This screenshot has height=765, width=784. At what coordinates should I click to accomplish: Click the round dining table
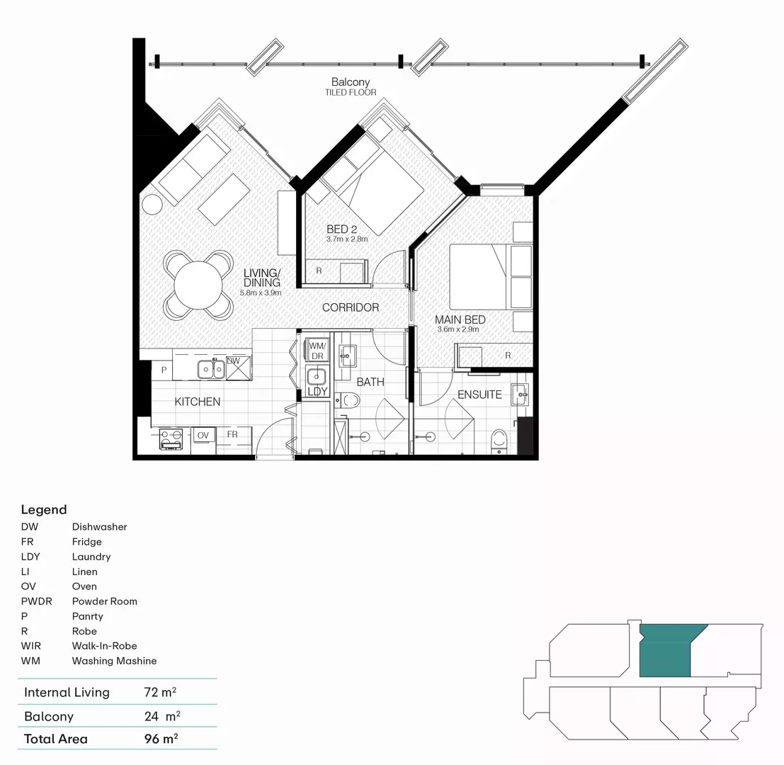tap(198, 285)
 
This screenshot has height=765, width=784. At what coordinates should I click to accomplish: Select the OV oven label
tap(203, 434)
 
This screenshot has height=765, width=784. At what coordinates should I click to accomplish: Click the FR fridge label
tap(232, 434)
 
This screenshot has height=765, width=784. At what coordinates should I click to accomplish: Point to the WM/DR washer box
tap(315, 350)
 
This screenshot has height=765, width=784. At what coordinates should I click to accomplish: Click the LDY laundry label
tap(317, 391)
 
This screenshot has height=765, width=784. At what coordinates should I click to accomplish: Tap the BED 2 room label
tap(342, 229)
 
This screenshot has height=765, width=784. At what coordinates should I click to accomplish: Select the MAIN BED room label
tap(460, 320)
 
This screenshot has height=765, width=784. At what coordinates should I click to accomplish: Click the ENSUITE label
tap(479, 395)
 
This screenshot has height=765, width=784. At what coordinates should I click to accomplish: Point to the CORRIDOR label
tap(351, 307)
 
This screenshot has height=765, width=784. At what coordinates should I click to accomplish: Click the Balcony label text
tap(351, 82)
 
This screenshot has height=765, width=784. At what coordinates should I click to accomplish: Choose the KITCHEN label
tap(198, 402)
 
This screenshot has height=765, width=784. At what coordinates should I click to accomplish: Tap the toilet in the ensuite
tap(500, 438)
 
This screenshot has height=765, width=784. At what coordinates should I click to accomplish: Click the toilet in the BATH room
tap(348, 401)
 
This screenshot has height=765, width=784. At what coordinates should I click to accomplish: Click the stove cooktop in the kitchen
tap(171, 438)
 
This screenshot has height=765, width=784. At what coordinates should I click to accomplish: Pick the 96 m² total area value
tap(161, 739)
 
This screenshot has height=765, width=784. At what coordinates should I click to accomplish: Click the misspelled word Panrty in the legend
tap(87, 616)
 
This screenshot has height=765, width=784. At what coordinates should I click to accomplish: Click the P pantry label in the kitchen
tap(164, 370)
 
